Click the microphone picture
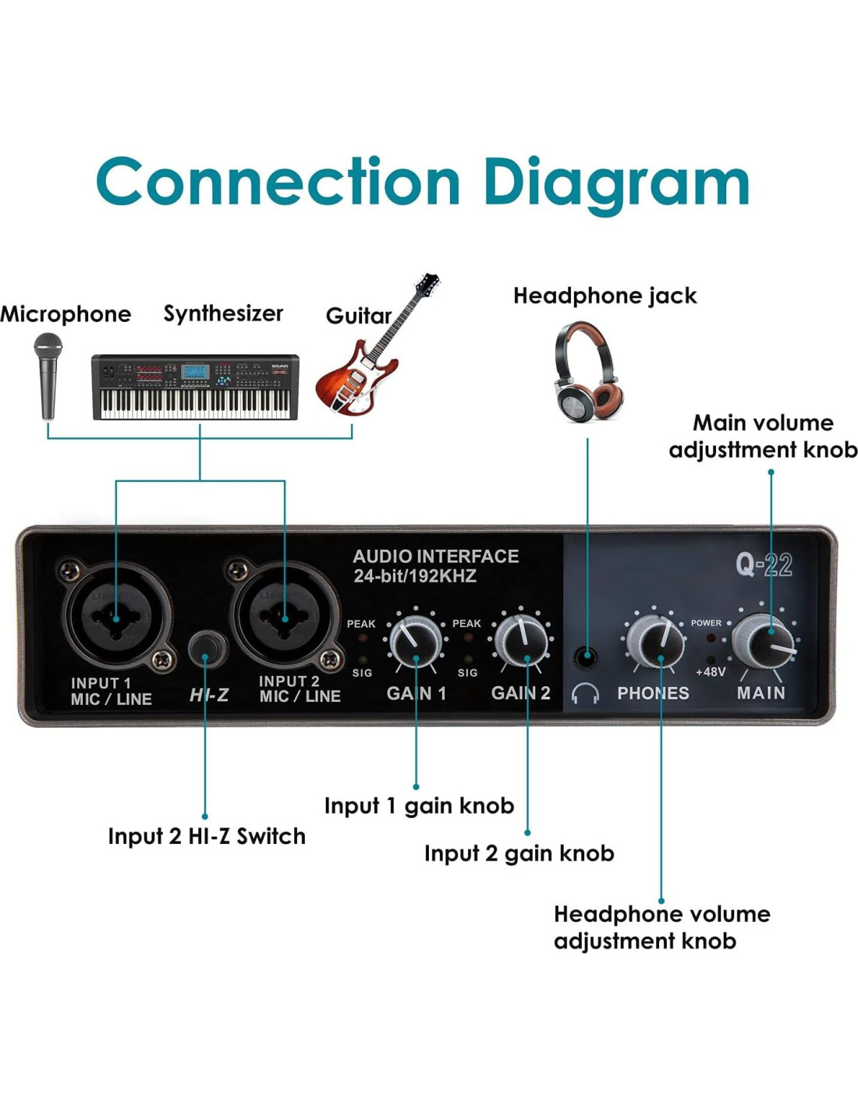48,374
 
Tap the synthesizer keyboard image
195,387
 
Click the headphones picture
587,373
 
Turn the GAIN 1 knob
415,641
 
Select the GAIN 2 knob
522,641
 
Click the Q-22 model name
764,565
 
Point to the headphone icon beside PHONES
584,693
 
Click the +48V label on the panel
710,671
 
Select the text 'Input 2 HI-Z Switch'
207,836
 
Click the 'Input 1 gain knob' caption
419,806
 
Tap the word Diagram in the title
616,183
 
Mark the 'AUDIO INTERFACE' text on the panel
435,556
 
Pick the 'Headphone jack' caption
604,296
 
